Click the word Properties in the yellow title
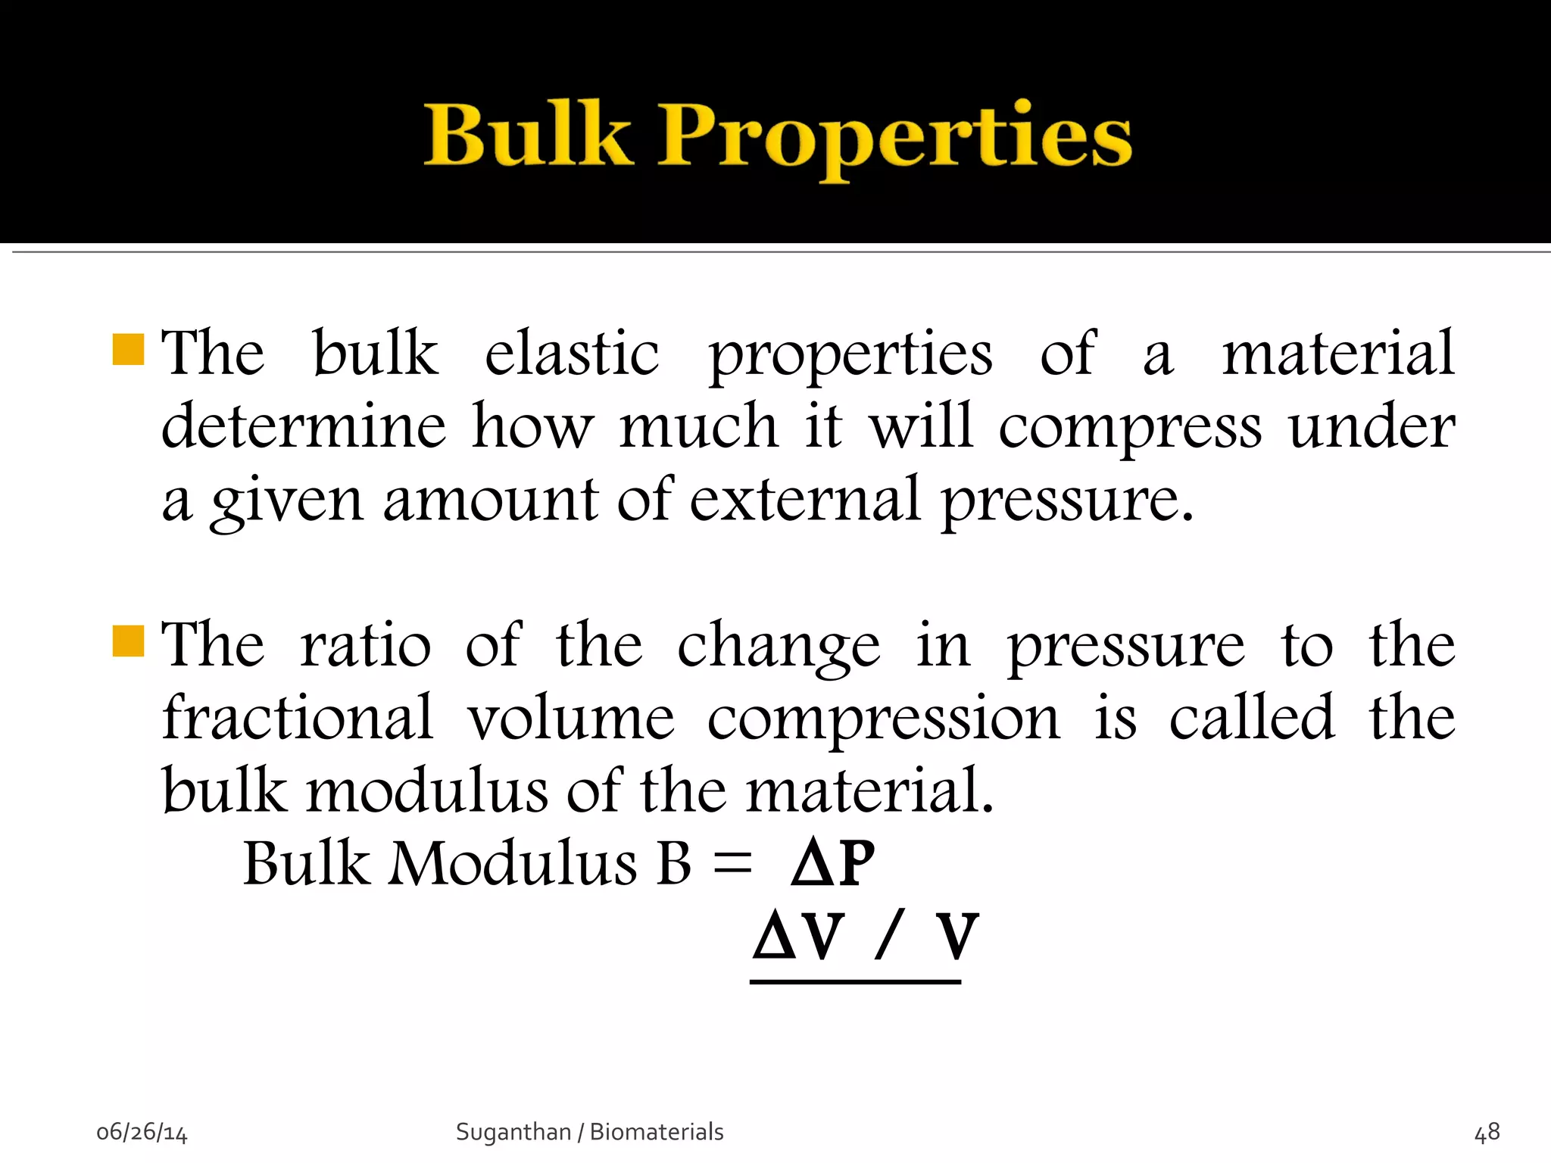point(894,139)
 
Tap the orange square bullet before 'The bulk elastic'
point(128,349)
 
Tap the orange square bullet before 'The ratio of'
point(128,641)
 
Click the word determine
point(304,426)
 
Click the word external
point(805,499)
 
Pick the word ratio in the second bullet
point(366,644)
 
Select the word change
point(779,646)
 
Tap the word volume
point(570,717)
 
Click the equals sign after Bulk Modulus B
point(732,863)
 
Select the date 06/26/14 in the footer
point(142,1132)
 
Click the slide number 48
point(1487,1132)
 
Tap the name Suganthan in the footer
point(513,1132)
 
